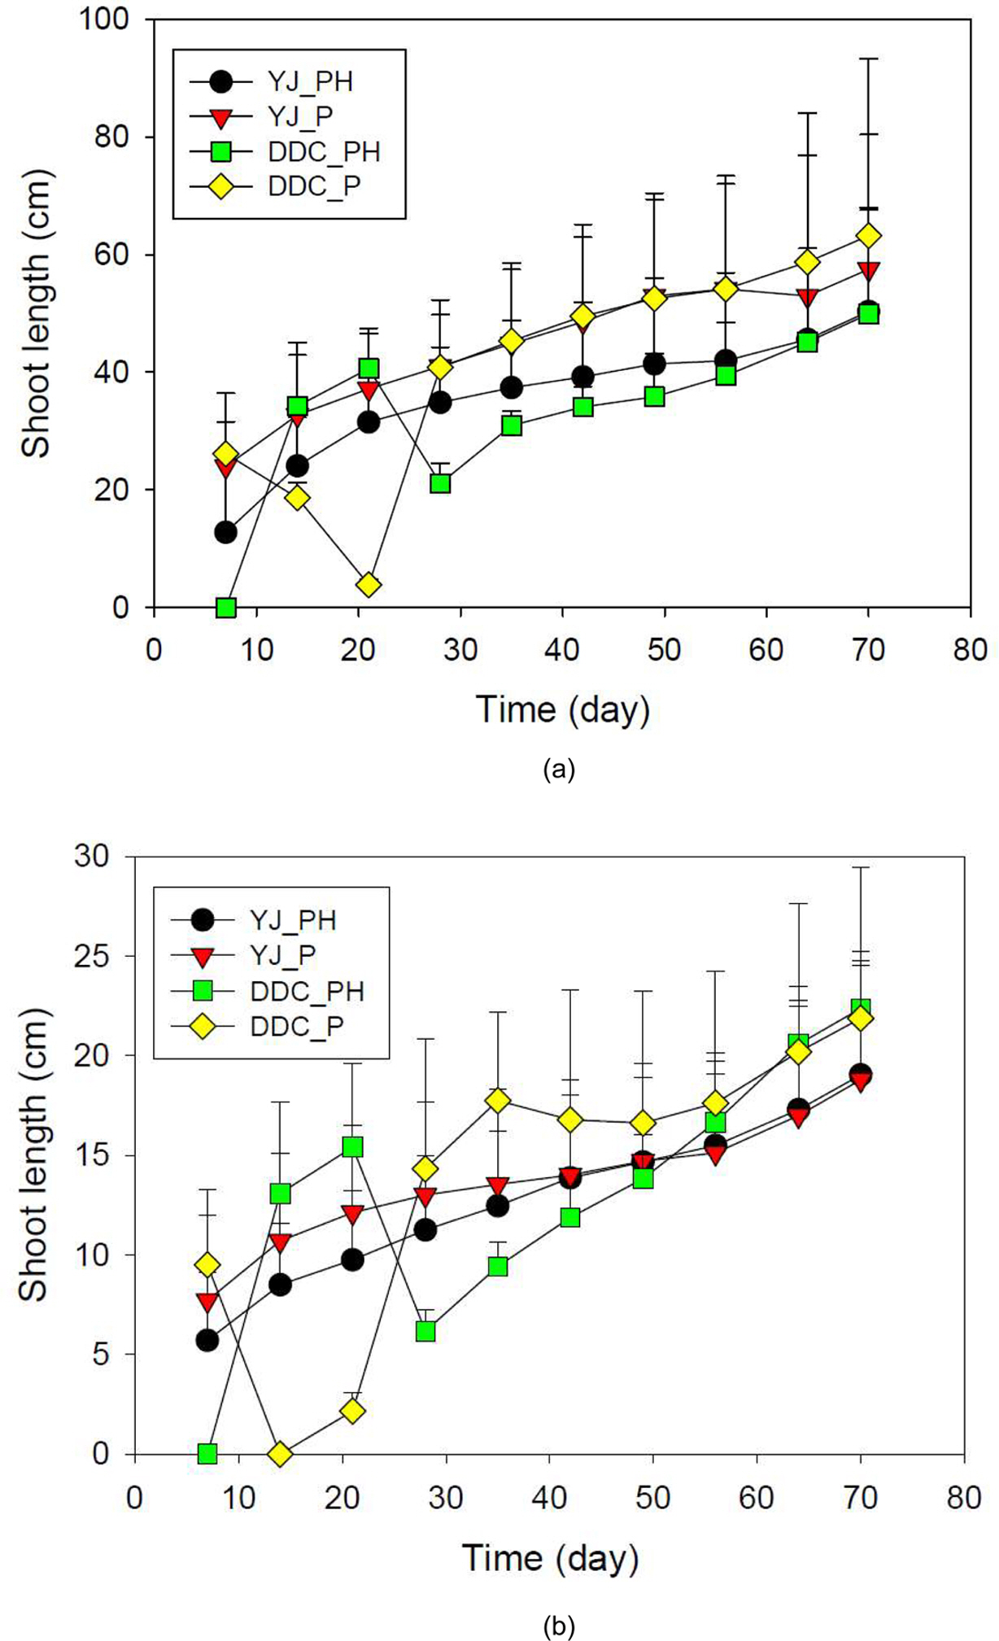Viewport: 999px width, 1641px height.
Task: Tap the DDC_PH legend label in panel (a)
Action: pyautogui.click(x=323, y=151)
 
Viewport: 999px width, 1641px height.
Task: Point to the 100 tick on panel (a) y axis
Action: pyautogui.click(x=106, y=19)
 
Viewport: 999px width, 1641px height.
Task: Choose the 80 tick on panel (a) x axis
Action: pyautogui.click(x=970, y=651)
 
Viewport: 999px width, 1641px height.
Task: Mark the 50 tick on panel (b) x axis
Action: pyautogui.click(x=652, y=1497)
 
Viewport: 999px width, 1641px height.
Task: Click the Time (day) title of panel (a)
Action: pyautogui.click(x=563, y=709)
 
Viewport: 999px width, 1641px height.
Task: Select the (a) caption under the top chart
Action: pyautogui.click(x=559, y=769)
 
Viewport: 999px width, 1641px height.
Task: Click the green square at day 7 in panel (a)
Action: pyautogui.click(x=225, y=607)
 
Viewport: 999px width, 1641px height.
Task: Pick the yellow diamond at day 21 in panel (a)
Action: pyautogui.click(x=369, y=585)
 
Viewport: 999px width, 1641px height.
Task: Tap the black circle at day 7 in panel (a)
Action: pyautogui.click(x=225, y=532)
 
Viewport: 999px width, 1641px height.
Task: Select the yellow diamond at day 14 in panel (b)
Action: pyautogui.click(x=280, y=1454)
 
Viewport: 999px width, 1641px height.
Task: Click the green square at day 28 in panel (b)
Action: pyautogui.click(x=425, y=1331)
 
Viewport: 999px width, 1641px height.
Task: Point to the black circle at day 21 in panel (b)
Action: pyautogui.click(x=352, y=1259)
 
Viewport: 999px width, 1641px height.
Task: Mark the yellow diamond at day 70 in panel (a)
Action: pyautogui.click(x=869, y=236)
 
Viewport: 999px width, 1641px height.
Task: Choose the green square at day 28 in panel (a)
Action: pyautogui.click(x=440, y=483)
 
